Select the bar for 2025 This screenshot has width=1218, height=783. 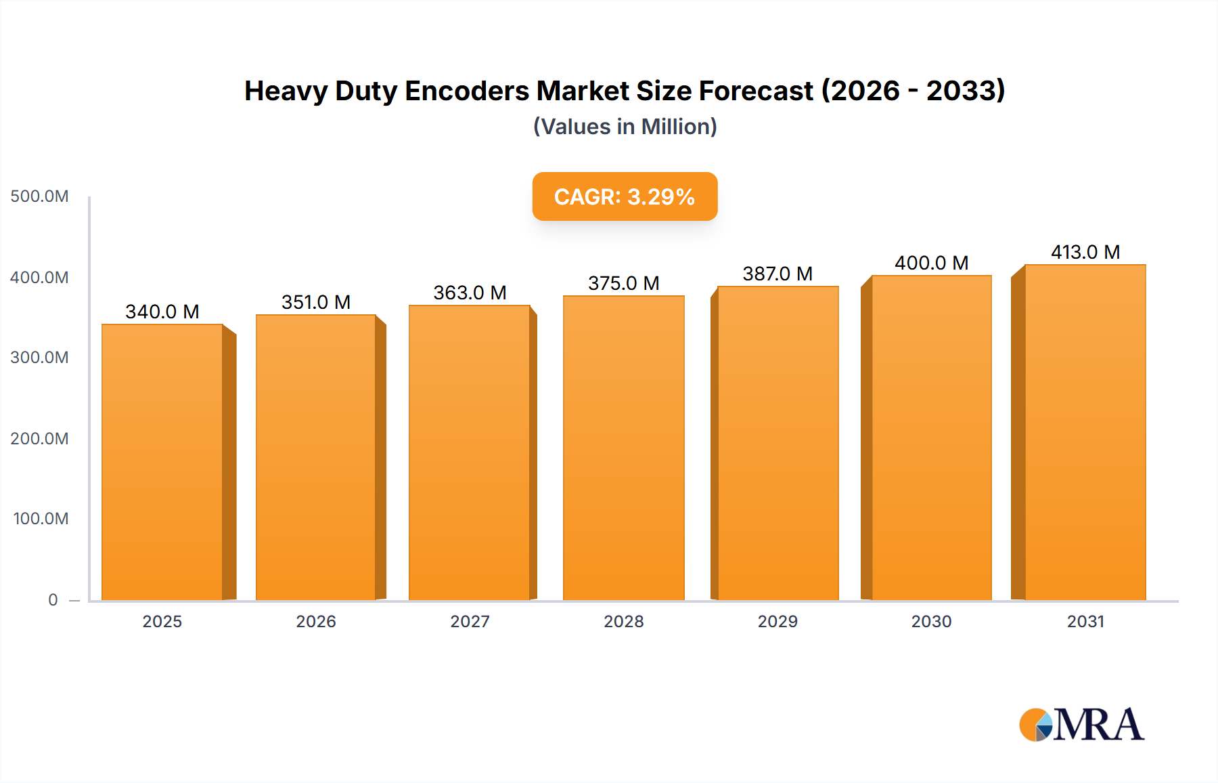point(162,462)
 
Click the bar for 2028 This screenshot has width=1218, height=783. point(623,448)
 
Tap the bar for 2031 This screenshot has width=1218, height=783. point(1085,432)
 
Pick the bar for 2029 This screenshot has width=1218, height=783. point(777,443)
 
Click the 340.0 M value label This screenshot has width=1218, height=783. point(162,312)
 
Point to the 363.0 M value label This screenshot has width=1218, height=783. point(470,293)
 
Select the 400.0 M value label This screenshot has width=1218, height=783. point(931,263)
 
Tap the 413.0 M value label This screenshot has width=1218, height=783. point(1085,252)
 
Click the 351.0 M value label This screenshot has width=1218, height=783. point(316,302)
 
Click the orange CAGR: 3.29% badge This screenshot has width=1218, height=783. point(625,196)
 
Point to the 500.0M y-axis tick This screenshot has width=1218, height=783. point(39,196)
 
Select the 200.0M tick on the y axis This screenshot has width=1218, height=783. point(39,438)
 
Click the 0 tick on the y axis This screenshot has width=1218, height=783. point(53,599)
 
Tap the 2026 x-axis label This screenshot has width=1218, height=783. point(316,621)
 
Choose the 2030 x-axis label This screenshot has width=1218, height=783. point(931,621)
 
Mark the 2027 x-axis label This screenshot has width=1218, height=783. point(470,621)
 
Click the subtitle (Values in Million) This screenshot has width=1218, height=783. point(625,127)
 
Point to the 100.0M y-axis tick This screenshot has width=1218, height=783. point(41,519)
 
